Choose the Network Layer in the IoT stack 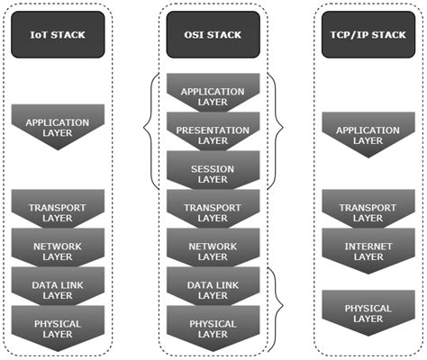click(x=57, y=249)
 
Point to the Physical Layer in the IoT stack click(x=57, y=327)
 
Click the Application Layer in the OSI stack click(x=213, y=96)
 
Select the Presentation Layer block click(x=213, y=134)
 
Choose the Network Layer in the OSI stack click(x=213, y=249)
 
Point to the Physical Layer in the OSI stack click(x=213, y=327)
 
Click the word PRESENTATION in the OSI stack click(x=213, y=129)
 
